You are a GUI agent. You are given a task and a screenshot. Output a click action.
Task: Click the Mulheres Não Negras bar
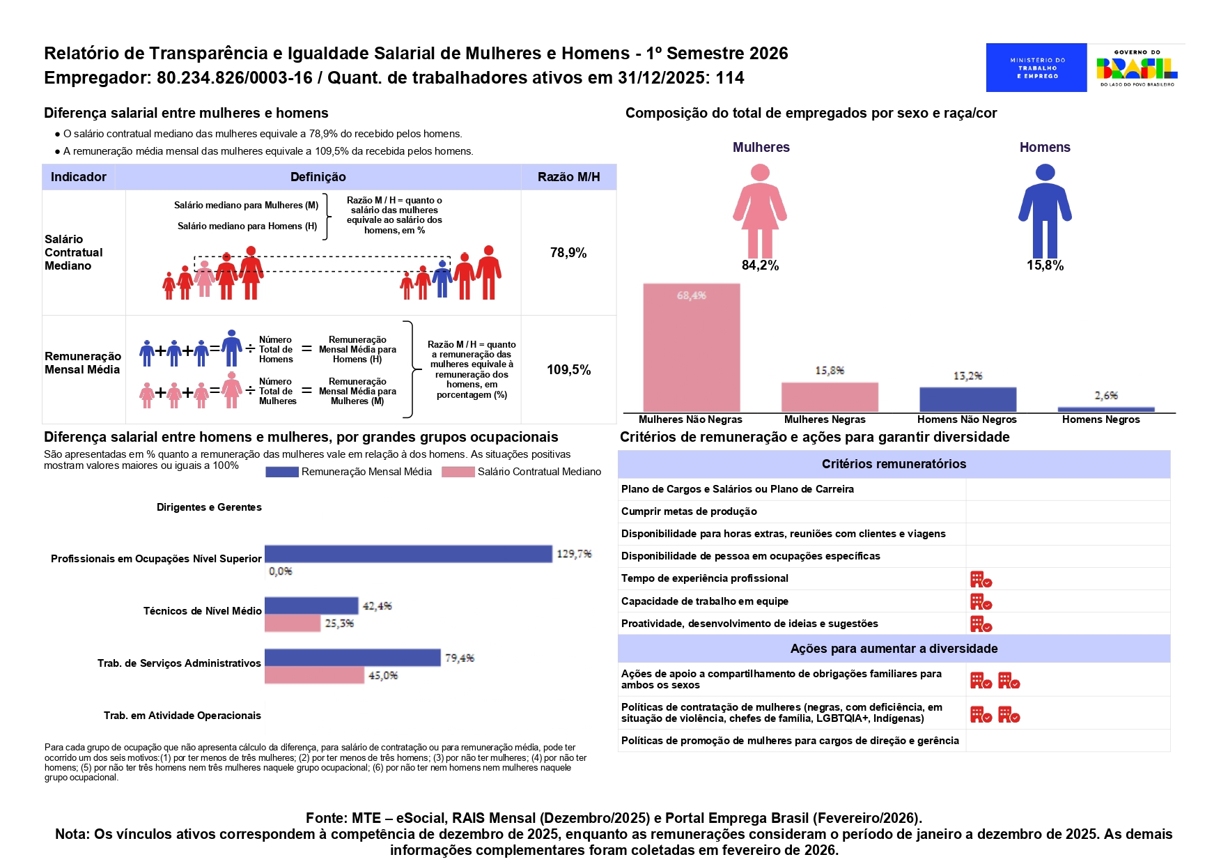[691, 348]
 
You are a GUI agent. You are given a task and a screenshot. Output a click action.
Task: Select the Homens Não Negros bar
[967, 400]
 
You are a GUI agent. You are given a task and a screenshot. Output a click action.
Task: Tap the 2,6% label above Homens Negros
[1106, 396]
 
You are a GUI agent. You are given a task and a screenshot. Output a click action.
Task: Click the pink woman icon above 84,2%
[760, 211]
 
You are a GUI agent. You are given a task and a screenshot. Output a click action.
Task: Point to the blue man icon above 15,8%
[1045, 211]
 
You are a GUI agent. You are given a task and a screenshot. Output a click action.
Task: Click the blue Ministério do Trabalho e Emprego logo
[1036, 68]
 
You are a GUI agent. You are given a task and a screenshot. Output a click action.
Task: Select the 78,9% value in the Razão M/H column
[568, 253]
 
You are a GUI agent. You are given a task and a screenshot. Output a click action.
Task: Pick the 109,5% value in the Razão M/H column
[568, 370]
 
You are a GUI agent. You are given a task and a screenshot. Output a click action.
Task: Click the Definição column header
[318, 177]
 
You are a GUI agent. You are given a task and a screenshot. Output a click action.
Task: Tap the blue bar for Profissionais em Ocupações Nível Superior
[408, 554]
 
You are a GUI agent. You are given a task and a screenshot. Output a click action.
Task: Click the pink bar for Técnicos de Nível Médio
[293, 623]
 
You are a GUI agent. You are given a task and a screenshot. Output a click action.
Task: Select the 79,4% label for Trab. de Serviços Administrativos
[460, 658]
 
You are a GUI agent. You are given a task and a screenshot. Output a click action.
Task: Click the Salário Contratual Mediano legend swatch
[458, 472]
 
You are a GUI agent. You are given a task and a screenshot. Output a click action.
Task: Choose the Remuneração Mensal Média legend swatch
[281, 472]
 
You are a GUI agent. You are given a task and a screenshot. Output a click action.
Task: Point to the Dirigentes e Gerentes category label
[209, 507]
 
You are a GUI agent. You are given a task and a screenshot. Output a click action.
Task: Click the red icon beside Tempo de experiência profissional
[981, 579]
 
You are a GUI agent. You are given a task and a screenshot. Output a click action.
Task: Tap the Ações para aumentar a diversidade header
[894, 649]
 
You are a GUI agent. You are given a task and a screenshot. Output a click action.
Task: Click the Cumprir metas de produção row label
[689, 511]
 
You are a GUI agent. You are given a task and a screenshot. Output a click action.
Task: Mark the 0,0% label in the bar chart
[281, 571]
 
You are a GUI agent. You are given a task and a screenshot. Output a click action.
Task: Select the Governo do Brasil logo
[1137, 68]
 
